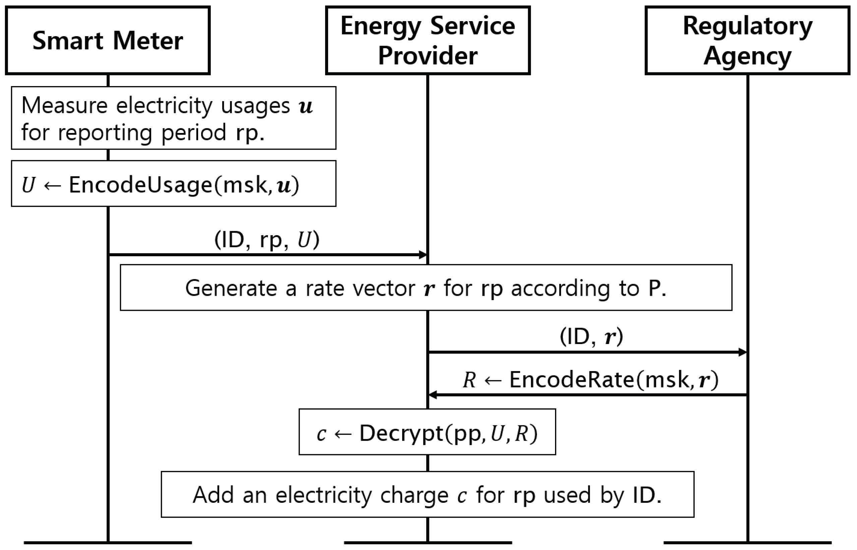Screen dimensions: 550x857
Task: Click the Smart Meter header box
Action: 107,40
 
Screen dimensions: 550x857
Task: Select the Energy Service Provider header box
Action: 427,40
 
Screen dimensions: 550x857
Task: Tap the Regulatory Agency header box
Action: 747,40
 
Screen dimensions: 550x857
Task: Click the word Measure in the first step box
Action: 64,106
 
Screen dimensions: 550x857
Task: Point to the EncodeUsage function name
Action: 140,185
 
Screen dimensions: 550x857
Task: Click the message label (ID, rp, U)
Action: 266,239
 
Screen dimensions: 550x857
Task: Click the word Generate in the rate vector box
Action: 231,288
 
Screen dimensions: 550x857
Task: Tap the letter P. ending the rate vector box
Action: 657,288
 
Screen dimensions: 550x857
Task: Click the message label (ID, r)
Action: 591,336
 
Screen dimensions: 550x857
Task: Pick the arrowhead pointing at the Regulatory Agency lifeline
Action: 742,352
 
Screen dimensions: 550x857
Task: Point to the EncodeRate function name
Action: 571,379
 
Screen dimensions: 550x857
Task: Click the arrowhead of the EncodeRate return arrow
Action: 433,395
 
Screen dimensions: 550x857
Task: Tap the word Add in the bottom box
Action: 213,495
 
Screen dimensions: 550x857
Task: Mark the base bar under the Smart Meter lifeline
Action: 108,543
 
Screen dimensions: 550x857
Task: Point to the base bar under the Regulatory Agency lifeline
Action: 747,543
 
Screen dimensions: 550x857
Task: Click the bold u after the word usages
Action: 306,107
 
